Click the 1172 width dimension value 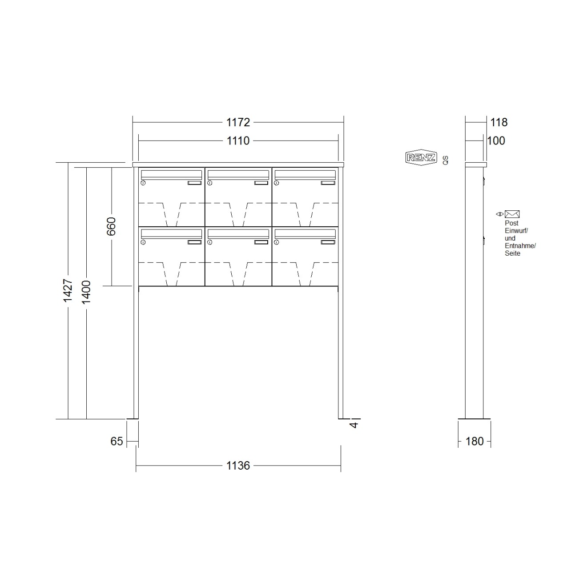tap(238, 122)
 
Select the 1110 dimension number tap(238, 141)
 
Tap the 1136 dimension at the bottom tap(238, 466)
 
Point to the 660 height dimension tap(111, 226)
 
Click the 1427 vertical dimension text tap(68, 290)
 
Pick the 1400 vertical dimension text tap(86, 292)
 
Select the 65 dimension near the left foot tap(117, 441)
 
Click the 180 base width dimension tap(474, 441)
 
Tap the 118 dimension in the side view tap(499, 122)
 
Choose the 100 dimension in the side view tap(496, 141)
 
